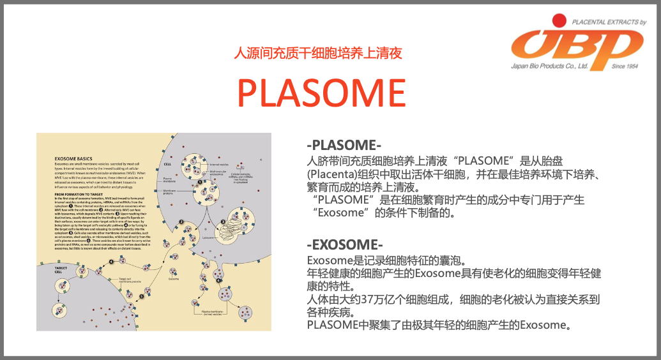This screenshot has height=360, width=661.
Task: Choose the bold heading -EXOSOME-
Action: pos(345,245)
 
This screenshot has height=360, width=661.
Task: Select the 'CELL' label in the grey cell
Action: pos(168,162)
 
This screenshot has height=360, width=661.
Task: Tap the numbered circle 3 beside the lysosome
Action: pos(222,222)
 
